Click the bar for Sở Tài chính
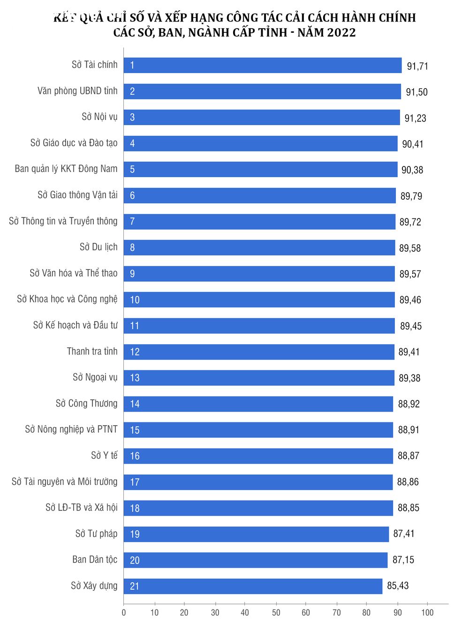pyautogui.click(x=263, y=65)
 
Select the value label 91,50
pyautogui.click(x=416, y=92)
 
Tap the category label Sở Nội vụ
pyautogui.click(x=99, y=117)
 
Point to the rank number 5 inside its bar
pyautogui.click(x=132, y=169)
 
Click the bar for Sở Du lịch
pyautogui.click(x=259, y=248)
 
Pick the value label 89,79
pyautogui.click(x=411, y=196)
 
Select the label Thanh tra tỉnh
pyautogui.click(x=92, y=351)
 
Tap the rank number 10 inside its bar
pyautogui.click(x=135, y=300)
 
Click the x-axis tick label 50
pyautogui.click(x=276, y=612)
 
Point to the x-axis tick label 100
pyautogui.click(x=427, y=612)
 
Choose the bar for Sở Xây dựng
pyautogui.click(x=253, y=586)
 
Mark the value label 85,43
pyautogui.click(x=397, y=586)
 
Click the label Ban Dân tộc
pyautogui.click(x=95, y=559)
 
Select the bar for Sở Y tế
pyautogui.click(x=258, y=456)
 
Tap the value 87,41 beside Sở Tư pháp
pyautogui.click(x=403, y=533)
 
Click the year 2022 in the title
pyautogui.click(x=341, y=32)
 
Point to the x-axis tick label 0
pyautogui.click(x=124, y=612)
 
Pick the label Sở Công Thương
pyautogui.click(x=86, y=403)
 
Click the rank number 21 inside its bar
pyautogui.click(x=135, y=586)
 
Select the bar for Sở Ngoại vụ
pyautogui.click(x=259, y=378)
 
